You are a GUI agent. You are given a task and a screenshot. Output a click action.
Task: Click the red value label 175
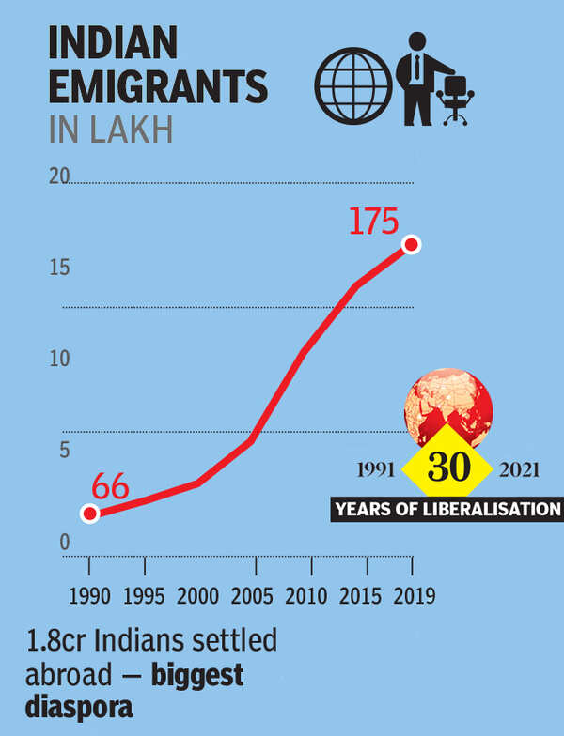coord(374,222)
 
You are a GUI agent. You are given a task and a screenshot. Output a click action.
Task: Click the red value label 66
coord(110,489)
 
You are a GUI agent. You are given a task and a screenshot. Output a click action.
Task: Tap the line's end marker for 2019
coord(411,245)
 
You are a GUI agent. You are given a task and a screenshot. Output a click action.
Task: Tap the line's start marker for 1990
coord(89,514)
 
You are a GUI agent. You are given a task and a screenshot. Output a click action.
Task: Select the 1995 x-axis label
coord(144,596)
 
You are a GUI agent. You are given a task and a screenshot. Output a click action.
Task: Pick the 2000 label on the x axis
coord(199,596)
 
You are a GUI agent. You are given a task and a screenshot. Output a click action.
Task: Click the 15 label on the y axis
coord(60,268)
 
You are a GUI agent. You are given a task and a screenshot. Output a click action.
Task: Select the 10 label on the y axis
coord(60,359)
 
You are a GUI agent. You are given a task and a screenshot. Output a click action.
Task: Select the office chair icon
coord(457,97)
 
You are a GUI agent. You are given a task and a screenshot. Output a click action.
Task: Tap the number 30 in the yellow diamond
coord(448,467)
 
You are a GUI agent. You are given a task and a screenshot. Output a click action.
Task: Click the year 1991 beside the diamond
coord(377,469)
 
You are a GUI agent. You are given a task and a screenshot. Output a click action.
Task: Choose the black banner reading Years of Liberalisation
coord(446,510)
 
